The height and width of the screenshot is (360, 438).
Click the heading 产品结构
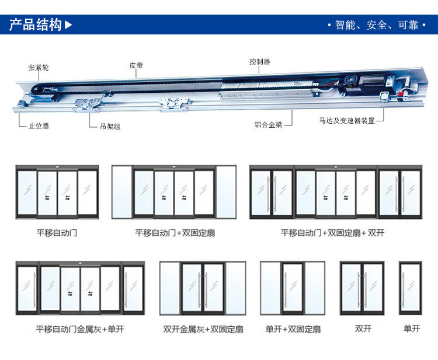point(35,25)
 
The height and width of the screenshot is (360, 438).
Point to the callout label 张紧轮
point(39,68)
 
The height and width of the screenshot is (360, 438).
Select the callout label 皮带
point(136,65)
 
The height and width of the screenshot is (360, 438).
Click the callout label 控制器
point(259,62)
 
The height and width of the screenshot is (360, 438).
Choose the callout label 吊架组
point(110,126)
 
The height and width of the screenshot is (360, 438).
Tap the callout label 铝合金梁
point(268,124)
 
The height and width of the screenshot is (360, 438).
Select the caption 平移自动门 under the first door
point(57,233)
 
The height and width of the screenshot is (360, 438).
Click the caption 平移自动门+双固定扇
point(175,233)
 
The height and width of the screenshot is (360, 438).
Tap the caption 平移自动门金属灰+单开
point(80,329)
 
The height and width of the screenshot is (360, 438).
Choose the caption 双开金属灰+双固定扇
point(203,329)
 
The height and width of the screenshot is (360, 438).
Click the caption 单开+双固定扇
point(293,329)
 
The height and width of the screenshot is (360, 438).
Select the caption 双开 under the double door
point(363,328)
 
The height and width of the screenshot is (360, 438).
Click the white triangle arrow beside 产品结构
point(69,25)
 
